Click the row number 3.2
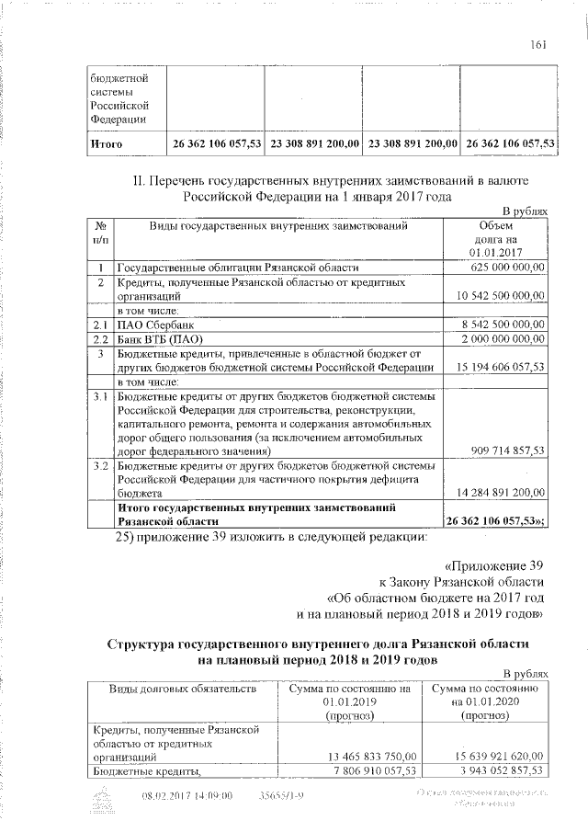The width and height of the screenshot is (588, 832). click(x=101, y=466)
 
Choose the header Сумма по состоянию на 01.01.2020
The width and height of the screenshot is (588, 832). click(x=483, y=701)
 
